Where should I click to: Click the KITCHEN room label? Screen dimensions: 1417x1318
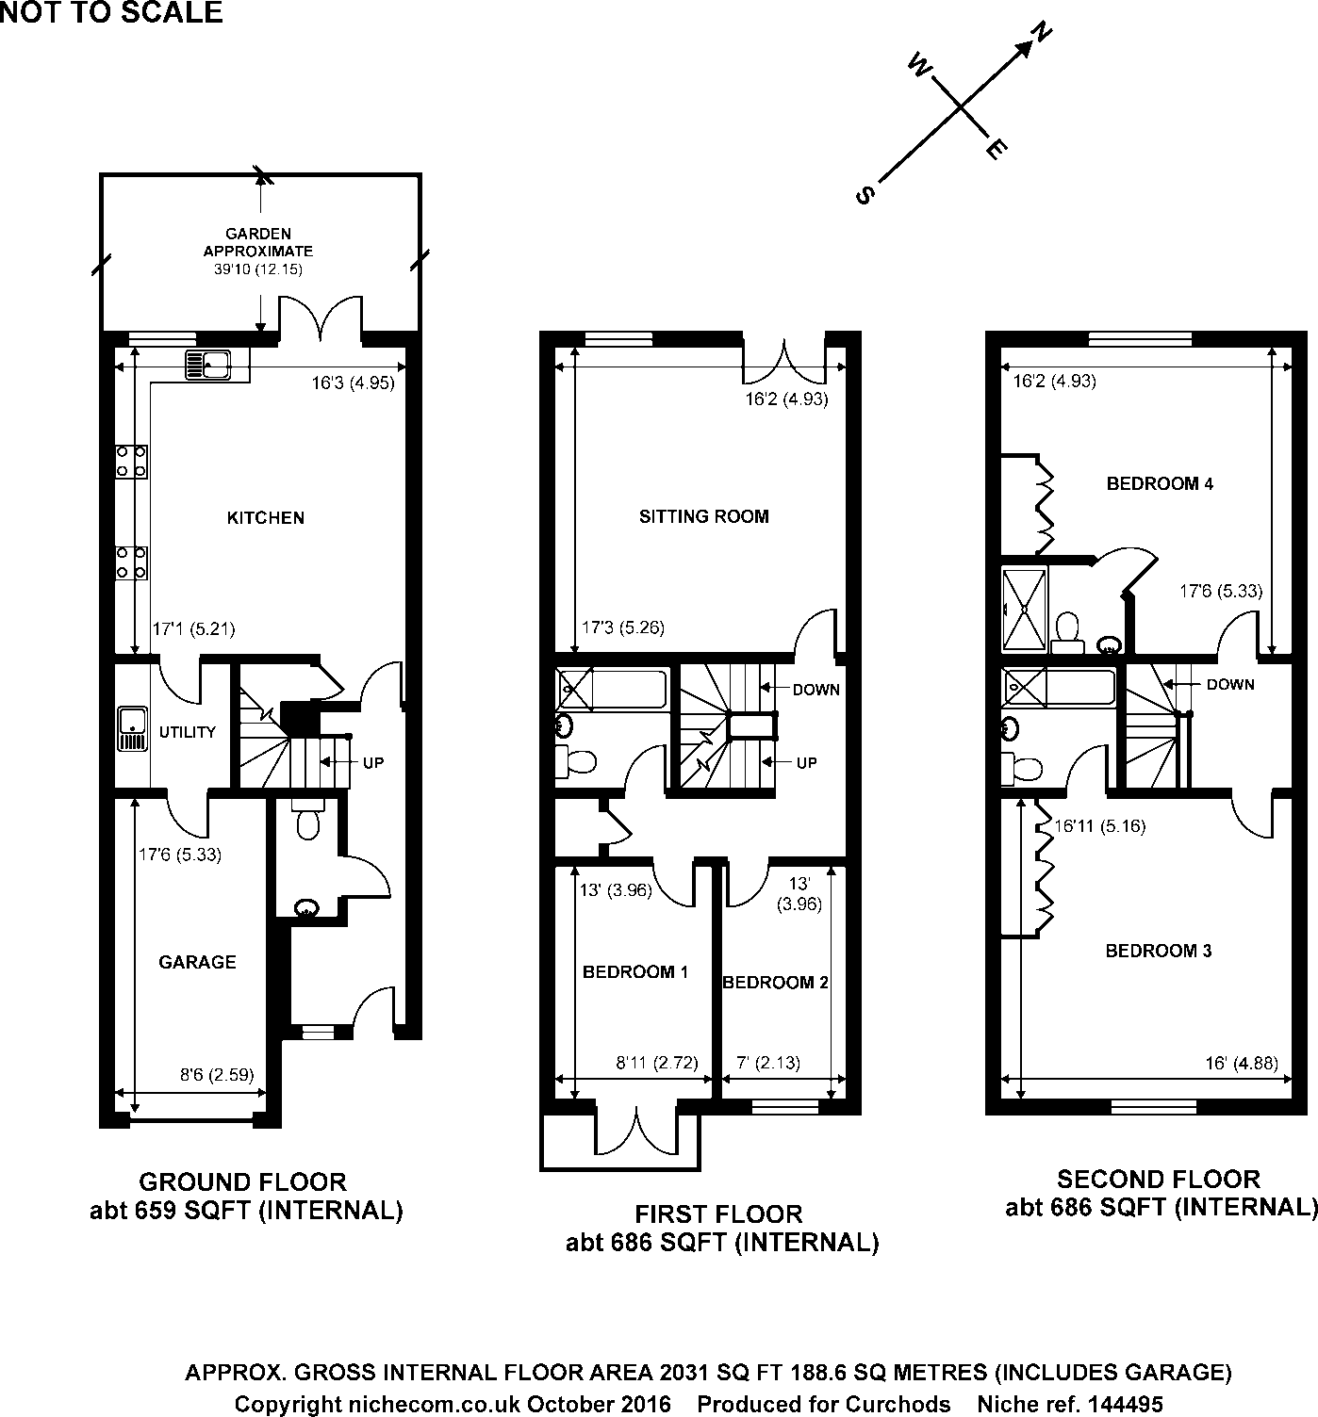[x=266, y=517]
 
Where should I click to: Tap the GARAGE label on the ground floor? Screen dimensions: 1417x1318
[x=197, y=962]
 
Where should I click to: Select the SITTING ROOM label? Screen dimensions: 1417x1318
[x=703, y=516]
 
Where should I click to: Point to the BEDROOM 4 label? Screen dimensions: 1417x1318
[x=1159, y=484]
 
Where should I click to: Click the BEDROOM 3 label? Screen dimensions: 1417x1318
[x=1158, y=951]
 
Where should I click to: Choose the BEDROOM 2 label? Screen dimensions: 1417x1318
[x=775, y=983]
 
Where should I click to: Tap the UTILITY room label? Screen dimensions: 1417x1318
[x=187, y=732]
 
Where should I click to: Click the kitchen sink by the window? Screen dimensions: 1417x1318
[x=208, y=363]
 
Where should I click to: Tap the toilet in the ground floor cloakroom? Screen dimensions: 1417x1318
[x=307, y=822]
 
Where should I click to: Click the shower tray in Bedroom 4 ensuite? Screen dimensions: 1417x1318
[x=1024, y=609]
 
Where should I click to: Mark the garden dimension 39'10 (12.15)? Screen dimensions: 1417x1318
[x=257, y=269]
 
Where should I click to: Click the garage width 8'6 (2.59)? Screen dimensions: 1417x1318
[x=217, y=1074]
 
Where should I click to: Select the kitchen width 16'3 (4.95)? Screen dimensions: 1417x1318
[x=353, y=383]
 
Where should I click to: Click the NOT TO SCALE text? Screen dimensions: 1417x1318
[x=111, y=12]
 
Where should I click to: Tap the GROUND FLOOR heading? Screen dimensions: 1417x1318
[x=242, y=1181]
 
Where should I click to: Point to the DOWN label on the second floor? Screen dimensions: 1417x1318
[x=1229, y=684]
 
